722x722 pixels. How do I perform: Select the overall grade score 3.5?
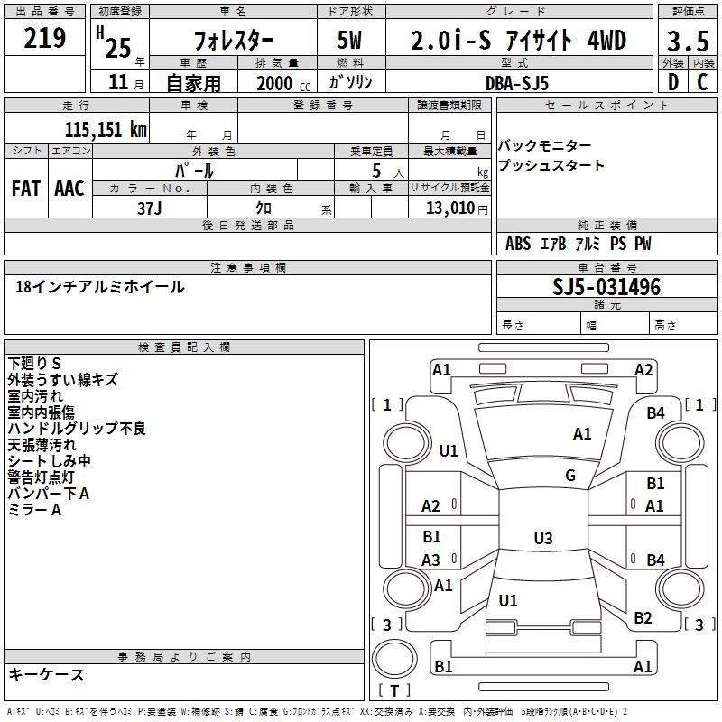(x=687, y=41)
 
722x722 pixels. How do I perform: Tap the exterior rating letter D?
(x=671, y=81)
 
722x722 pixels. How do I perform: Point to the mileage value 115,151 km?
(x=105, y=129)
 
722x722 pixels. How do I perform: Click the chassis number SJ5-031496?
(x=606, y=288)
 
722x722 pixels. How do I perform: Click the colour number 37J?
(x=150, y=207)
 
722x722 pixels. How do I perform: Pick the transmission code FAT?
(x=26, y=189)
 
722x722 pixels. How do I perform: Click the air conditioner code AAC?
(x=69, y=189)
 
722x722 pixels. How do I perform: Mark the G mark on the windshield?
(x=570, y=476)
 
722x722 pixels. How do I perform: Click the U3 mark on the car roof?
(x=542, y=539)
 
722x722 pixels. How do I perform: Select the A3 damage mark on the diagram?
(x=431, y=560)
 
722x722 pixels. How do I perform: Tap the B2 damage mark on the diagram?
(x=643, y=618)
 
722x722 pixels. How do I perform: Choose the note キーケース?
(x=47, y=675)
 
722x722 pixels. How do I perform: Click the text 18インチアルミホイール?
(x=100, y=287)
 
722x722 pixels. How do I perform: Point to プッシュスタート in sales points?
(x=551, y=166)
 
